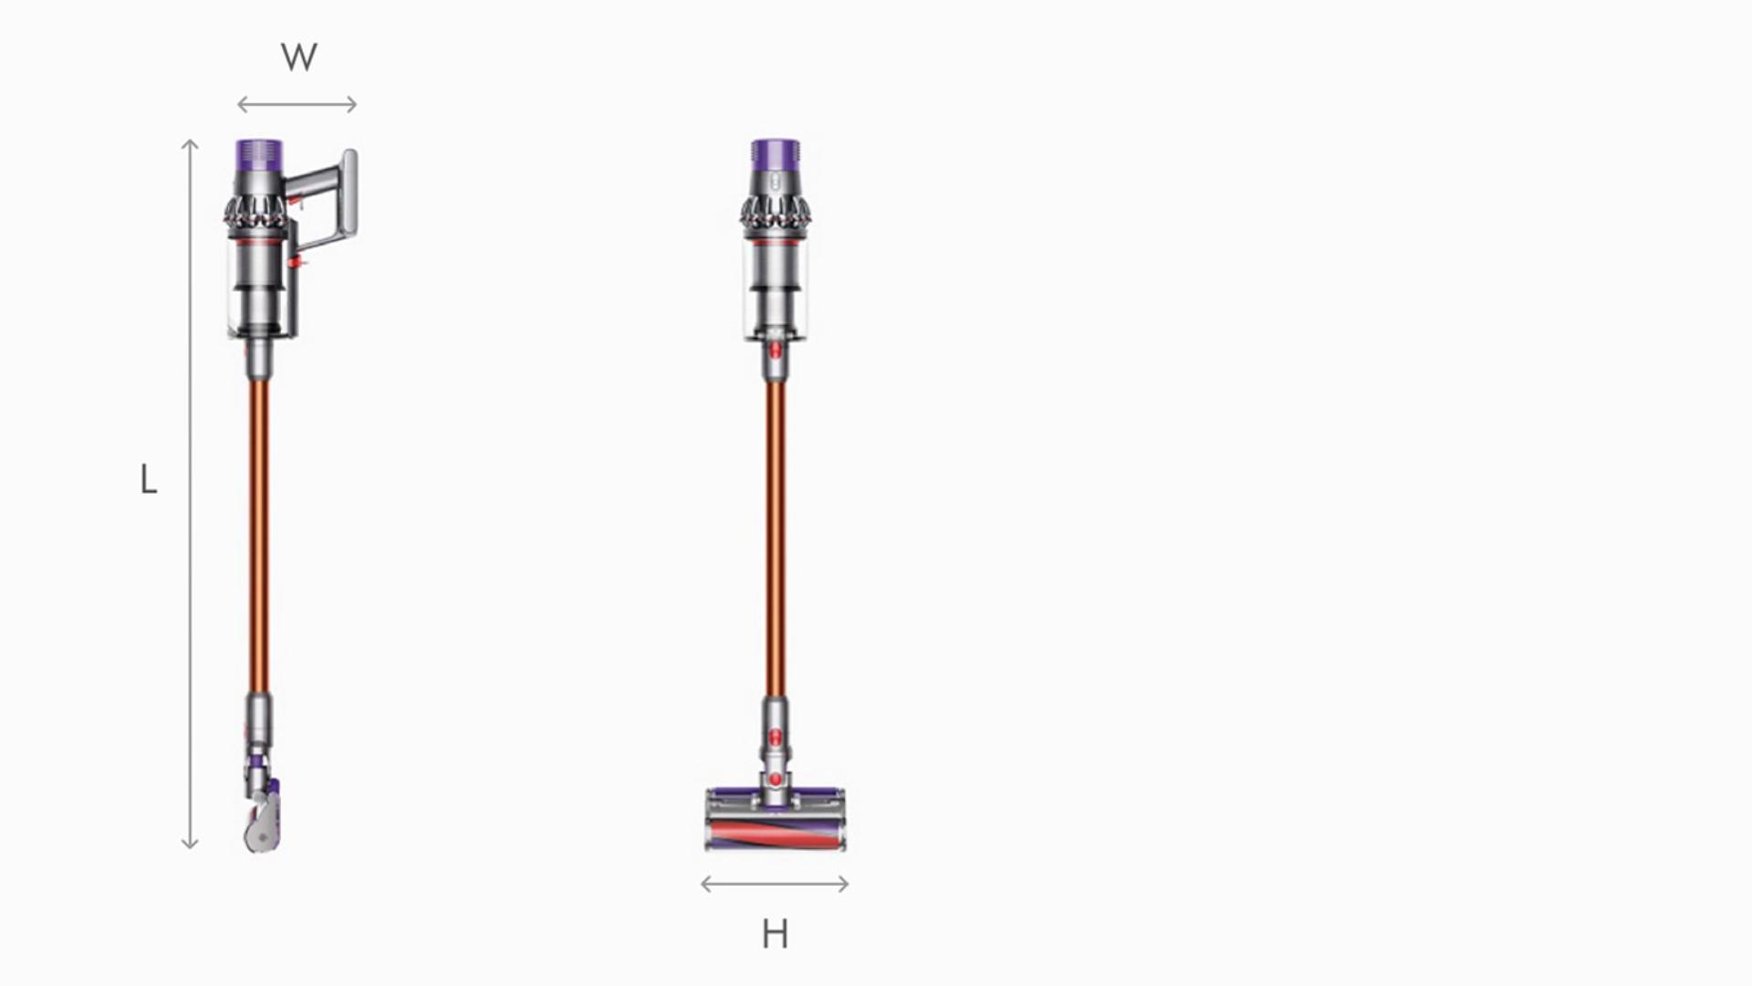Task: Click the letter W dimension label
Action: click(298, 58)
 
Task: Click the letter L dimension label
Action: click(149, 479)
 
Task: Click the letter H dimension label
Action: click(775, 934)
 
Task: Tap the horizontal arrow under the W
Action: click(297, 105)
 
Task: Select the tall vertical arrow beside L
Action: click(190, 493)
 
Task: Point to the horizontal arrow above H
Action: click(775, 883)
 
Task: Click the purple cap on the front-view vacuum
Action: click(776, 153)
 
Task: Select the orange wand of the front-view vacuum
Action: click(776, 539)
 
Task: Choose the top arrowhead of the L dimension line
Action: click(190, 142)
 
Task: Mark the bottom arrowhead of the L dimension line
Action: click(190, 845)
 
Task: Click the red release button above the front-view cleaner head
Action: click(776, 779)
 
